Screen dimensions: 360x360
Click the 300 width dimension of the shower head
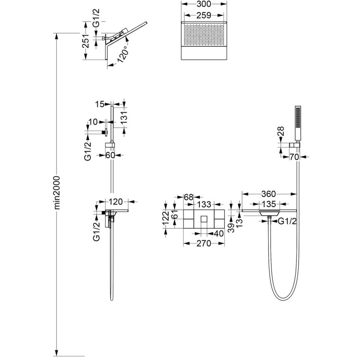[x=204, y=4]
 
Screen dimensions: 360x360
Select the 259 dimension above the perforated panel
[x=204, y=15]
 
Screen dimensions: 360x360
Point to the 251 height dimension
[x=85, y=41]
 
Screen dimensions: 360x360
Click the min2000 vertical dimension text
[x=57, y=193]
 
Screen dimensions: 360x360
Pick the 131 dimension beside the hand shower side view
[x=124, y=117]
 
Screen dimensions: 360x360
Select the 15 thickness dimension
[x=99, y=104]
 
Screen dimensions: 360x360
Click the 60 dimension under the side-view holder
[x=110, y=155]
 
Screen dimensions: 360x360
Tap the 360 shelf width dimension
[x=268, y=194]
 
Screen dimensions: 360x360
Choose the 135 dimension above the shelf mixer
[x=269, y=204]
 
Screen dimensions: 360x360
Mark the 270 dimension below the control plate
[x=204, y=243]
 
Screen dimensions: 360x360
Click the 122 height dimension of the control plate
[x=166, y=218]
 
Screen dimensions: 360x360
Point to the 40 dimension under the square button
[x=218, y=234]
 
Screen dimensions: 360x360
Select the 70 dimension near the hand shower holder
[x=294, y=157]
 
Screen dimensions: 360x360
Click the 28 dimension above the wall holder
[x=281, y=131]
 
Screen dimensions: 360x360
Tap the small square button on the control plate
[x=204, y=219]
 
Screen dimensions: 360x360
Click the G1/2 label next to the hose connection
[x=287, y=221]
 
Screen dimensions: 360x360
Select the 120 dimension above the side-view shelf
[x=116, y=202]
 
